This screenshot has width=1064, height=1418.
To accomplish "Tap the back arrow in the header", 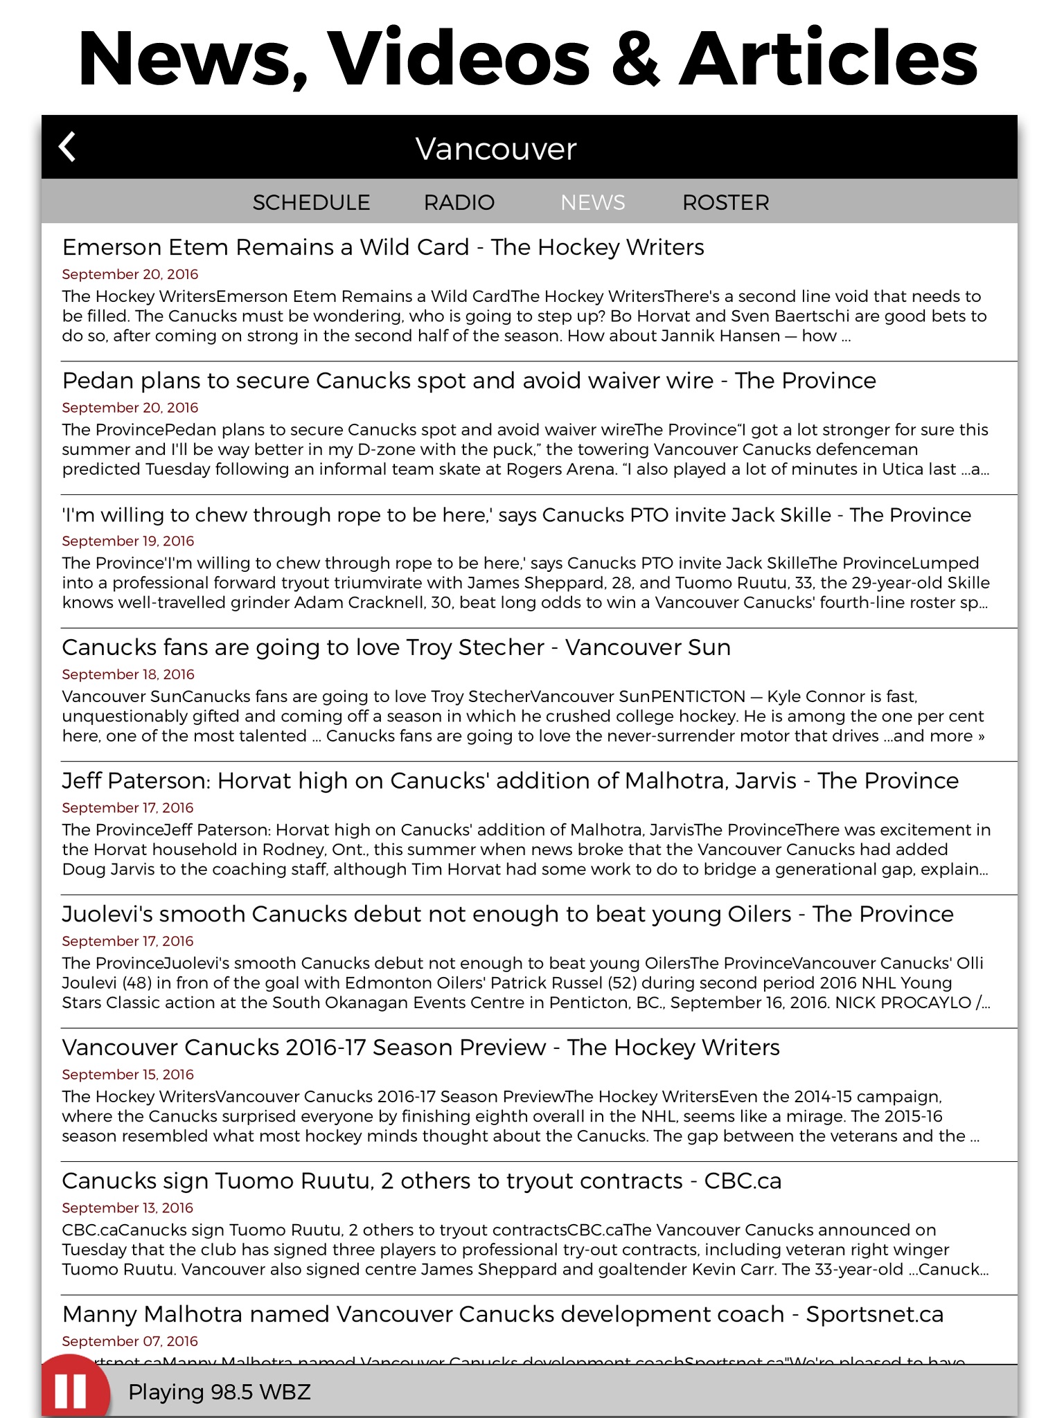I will pyautogui.click(x=67, y=147).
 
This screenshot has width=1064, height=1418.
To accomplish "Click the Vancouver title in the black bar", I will pyautogui.click(x=496, y=149).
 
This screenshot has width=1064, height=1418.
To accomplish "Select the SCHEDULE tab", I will pyautogui.click(x=311, y=202).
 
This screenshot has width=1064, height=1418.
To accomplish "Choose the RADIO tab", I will pyautogui.click(x=459, y=202).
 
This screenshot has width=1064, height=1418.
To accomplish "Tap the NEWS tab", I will pyautogui.click(x=593, y=202).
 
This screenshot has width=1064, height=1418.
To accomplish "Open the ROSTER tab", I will pyautogui.click(x=725, y=202).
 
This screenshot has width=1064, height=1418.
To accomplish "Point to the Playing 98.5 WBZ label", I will pyautogui.click(x=220, y=1392).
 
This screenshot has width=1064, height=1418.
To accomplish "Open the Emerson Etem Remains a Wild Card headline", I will pyautogui.click(x=383, y=247).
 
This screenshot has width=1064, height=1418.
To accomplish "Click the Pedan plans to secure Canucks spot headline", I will pyautogui.click(x=469, y=381).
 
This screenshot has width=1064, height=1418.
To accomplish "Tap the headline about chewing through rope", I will pyautogui.click(x=516, y=514).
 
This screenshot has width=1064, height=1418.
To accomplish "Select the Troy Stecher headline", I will pyautogui.click(x=396, y=647).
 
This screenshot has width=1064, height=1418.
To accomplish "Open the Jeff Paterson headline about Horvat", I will pyautogui.click(x=510, y=781).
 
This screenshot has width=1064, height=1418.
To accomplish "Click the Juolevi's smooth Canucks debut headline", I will pyautogui.click(x=507, y=914).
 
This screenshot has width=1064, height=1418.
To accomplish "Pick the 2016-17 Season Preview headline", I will pyautogui.click(x=420, y=1048).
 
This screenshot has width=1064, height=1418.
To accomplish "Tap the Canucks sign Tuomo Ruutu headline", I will pyautogui.click(x=421, y=1181).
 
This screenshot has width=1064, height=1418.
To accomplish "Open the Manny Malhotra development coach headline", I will pyautogui.click(x=502, y=1314).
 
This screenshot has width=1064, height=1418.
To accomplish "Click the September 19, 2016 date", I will pyautogui.click(x=128, y=541).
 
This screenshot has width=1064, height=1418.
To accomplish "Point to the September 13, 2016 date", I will pyautogui.click(x=127, y=1208).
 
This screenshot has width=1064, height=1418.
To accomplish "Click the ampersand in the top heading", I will pyautogui.click(x=635, y=59).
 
